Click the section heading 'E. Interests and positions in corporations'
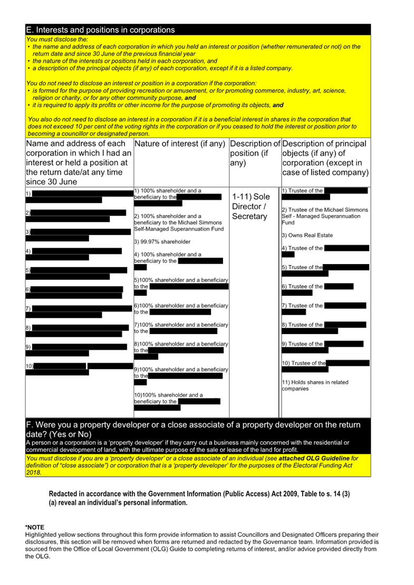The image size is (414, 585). [100, 29]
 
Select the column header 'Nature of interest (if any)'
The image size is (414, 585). [180, 144]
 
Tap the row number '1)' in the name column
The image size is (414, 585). [28, 193]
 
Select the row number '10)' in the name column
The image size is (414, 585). [30, 366]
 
